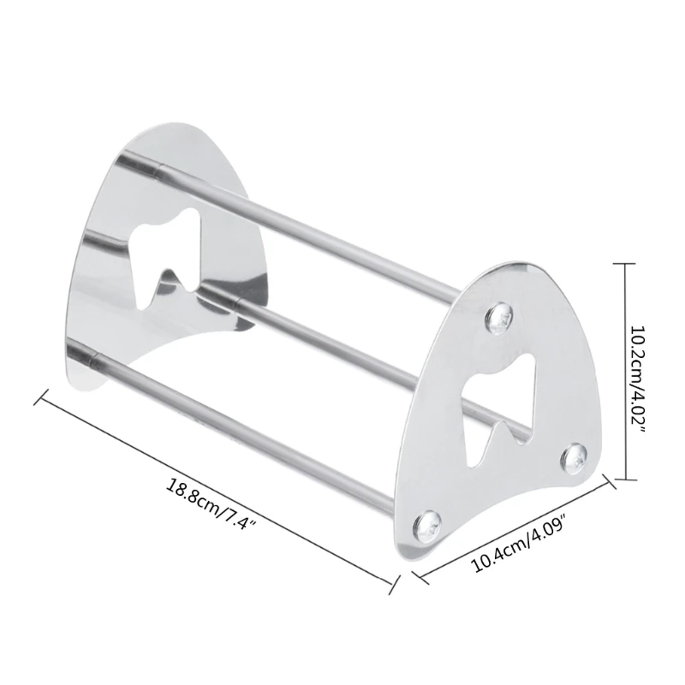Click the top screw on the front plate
tap(498, 318)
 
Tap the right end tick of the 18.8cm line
tap(395, 585)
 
